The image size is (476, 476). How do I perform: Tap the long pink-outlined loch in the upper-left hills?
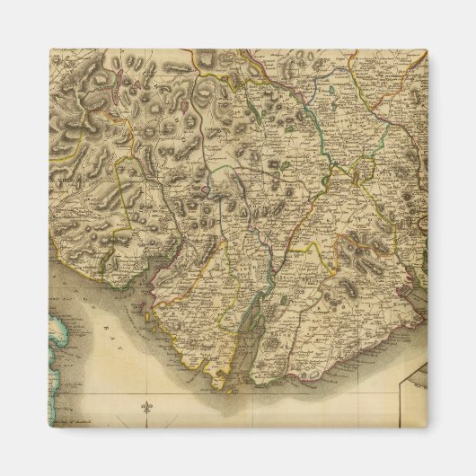tap(186, 118)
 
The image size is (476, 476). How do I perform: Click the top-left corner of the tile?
tap(49, 49)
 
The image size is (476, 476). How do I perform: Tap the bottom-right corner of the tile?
tap(428, 427)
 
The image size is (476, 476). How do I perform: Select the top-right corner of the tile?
tap(428, 49)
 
